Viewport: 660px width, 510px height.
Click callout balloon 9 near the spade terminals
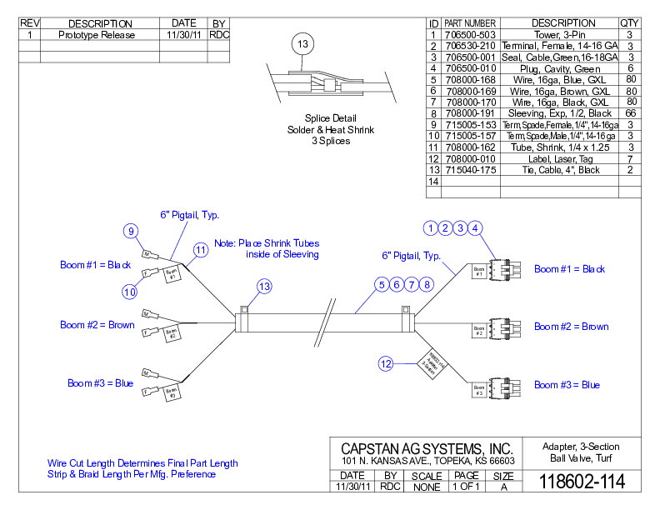coord(130,231)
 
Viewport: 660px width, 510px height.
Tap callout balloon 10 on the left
coord(130,292)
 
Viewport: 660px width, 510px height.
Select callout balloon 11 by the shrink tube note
coord(201,249)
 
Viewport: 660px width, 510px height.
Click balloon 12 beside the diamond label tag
coord(386,363)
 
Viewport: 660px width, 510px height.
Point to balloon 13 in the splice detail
coord(302,43)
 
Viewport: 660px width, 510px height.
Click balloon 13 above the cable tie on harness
coord(264,287)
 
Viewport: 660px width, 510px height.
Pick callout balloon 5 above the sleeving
coord(382,285)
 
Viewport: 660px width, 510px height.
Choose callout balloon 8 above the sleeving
coord(427,285)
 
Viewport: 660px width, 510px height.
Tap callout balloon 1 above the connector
coord(430,227)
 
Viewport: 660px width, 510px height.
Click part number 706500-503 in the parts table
coord(470,35)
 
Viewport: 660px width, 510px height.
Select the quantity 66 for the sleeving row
coord(631,112)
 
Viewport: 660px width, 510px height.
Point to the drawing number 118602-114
coord(582,482)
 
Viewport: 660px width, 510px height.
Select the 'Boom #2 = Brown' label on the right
coord(571,327)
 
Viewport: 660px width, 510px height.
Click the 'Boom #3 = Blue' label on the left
coord(100,383)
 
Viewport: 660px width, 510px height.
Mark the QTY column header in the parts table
coord(630,22)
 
